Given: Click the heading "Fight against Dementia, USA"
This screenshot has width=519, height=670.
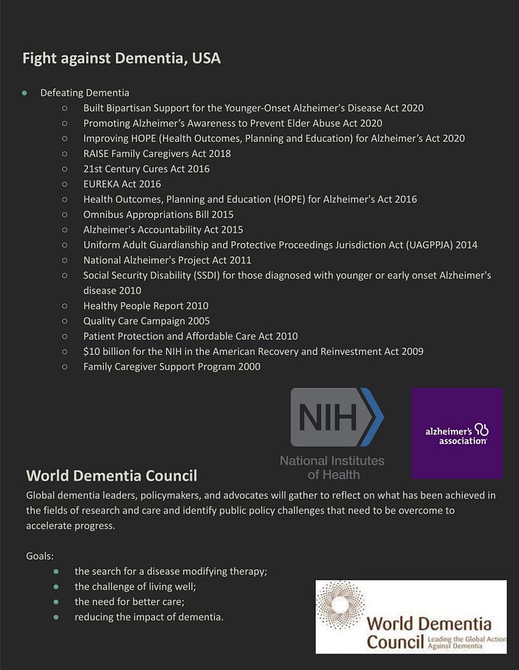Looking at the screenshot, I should click(121, 58).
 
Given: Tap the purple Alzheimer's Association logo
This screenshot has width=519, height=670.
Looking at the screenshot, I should click(457, 433).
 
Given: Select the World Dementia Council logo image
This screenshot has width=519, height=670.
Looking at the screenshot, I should click(411, 617).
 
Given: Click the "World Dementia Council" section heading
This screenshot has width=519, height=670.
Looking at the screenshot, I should click(111, 475).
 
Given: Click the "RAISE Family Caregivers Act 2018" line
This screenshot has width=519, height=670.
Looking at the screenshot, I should click(156, 153).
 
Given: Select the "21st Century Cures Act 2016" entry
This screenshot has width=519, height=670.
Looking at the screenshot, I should click(146, 169).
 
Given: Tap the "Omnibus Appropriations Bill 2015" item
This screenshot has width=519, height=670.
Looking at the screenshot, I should click(158, 214).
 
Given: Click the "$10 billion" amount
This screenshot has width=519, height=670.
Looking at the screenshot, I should click(105, 351).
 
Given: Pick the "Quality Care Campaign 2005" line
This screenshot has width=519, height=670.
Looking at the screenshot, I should click(146, 321).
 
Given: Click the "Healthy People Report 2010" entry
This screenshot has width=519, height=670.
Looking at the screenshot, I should click(145, 305).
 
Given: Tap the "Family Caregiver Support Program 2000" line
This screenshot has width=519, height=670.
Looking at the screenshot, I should click(171, 366).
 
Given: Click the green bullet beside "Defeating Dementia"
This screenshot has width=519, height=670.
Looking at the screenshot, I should click(24, 93).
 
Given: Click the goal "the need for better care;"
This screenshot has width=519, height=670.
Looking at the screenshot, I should click(130, 601).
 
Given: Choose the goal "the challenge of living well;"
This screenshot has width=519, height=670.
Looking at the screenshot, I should click(135, 586).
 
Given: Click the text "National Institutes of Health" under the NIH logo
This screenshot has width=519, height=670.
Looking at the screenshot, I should click(332, 467).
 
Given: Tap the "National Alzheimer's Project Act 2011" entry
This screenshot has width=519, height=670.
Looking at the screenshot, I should click(167, 260).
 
